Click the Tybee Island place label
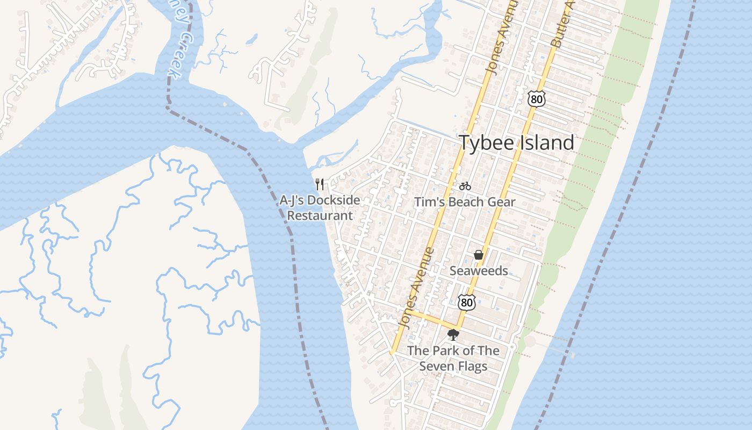pyautogui.click(x=516, y=143)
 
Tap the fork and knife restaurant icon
pyautogui.click(x=320, y=184)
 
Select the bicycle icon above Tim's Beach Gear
pyautogui.click(x=465, y=186)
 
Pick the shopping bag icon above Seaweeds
pyautogui.click(x=478, y=255)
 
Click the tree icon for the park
pyautogui.click(x=453, y=335)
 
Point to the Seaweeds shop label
pyautogui.click(x=479, y=271)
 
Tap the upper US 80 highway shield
pyautogui.click(x=536, y=98)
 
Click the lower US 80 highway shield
pyautogui.click(x=466, y=302)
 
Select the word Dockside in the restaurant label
pyautogui.click(x=335, y=200)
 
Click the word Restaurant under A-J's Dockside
pyautogui.click(x=320, y=216)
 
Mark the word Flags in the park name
pyautogui.click(x=473, y=367)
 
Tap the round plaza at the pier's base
pyautogui.click(x=530, y=341)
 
